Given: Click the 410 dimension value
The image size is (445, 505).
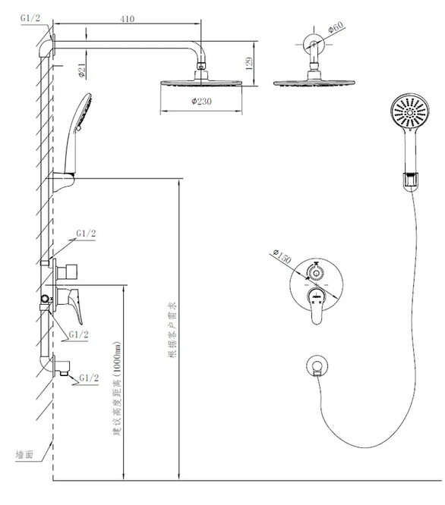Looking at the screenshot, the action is pyautogui.click(x=128, y=19).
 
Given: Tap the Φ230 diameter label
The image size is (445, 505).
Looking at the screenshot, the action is pyautogui.click(x=201, y=102).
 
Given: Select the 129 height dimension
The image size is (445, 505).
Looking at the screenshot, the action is pyautogui.click(x=249, y=64).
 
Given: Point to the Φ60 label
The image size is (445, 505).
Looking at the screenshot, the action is pyautogui.click(x=336, y=27).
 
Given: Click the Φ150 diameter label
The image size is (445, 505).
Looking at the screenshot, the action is pyautogui.click(x=282, y=256).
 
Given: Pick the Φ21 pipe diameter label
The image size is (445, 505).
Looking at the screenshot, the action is pyautogui.click(x=81, y=71).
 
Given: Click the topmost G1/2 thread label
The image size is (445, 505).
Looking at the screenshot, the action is pyautogui.click(x=30, y=17).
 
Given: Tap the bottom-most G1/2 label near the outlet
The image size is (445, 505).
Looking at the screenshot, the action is pyautogui.click(x=89, y=378).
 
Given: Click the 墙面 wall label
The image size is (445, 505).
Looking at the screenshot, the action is pyautogui.click(x=24, y=454).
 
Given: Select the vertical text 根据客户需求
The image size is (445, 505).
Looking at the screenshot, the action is pyautogui.click(x=172, y=330).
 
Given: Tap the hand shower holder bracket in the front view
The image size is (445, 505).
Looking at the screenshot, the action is pyautogui.click(x=410, y=182).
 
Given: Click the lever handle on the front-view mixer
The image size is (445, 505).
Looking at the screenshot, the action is pyautogui.click(x=317, y=306).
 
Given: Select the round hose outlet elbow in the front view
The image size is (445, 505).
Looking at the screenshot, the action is pyautogui.click(x=317, y=366).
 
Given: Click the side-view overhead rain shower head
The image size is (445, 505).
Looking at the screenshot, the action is pyautogui.click(x=201, y=81).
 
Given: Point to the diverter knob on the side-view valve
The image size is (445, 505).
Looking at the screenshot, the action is pyautogui.click(x=67, y=271).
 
